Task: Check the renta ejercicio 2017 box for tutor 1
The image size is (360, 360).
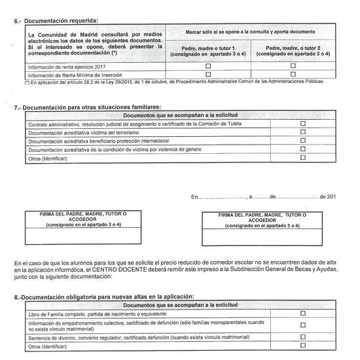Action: (x=208, y=66)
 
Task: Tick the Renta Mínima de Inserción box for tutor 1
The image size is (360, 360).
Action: (x=208, y=75)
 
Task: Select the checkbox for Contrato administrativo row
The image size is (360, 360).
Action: (x=302, y=124)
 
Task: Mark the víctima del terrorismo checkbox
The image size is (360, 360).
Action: (x=302, y=132)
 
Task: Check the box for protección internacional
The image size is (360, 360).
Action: (x=302, y=141)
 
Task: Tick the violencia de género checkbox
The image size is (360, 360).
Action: (x=302, y=149)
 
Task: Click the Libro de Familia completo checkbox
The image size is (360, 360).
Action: (x=302, y=314)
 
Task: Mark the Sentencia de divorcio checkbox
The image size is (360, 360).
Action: (x=302, y=337)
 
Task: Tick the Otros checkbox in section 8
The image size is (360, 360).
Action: (x=302, y=346)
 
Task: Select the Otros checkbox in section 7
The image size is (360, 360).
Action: (x=302, y=158)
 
